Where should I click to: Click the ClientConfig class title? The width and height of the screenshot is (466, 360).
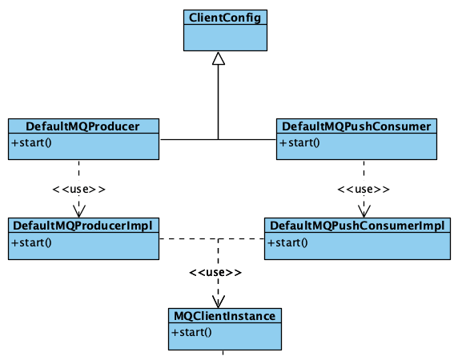[x=225, y=18]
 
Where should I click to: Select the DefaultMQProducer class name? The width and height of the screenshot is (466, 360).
[x=82, y=126]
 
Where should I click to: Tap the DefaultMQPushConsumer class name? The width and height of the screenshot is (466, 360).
[x=356, y=126]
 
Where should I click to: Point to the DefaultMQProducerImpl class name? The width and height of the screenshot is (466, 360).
[x=82, y=226]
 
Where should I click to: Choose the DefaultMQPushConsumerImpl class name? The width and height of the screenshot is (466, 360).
[x=357, y=226]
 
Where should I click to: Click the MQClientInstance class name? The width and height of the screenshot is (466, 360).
[x=225, y=316]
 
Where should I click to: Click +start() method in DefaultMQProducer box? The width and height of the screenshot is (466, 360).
[x=31, y=143]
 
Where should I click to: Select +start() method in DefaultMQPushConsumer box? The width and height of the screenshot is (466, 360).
[x=299, y=143]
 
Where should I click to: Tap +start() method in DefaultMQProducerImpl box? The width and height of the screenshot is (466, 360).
[x=31, y=243]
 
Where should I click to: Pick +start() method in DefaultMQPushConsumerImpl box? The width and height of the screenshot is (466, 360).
[x=287, y=243]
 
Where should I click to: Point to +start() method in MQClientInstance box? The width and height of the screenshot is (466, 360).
[x=191, y=332]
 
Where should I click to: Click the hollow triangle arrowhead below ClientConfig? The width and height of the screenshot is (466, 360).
[x=219, y=58]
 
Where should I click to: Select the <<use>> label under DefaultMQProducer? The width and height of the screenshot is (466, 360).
[x=78, y=190]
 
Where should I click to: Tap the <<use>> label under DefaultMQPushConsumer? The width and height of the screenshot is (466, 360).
[x=364, y=190]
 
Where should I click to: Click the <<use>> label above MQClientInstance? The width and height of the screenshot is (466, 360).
[x=215, y=272]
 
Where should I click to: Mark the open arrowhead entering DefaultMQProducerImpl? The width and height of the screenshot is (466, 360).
[x=79, y=211]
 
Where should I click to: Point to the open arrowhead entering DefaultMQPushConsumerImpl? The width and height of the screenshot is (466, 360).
[x=364, y=211]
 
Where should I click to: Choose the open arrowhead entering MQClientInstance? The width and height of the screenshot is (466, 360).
[x=219, y=302]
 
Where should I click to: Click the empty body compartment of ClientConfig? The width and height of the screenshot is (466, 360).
[x=225, y=38]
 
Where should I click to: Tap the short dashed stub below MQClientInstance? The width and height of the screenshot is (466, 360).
[x=223, y=353]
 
